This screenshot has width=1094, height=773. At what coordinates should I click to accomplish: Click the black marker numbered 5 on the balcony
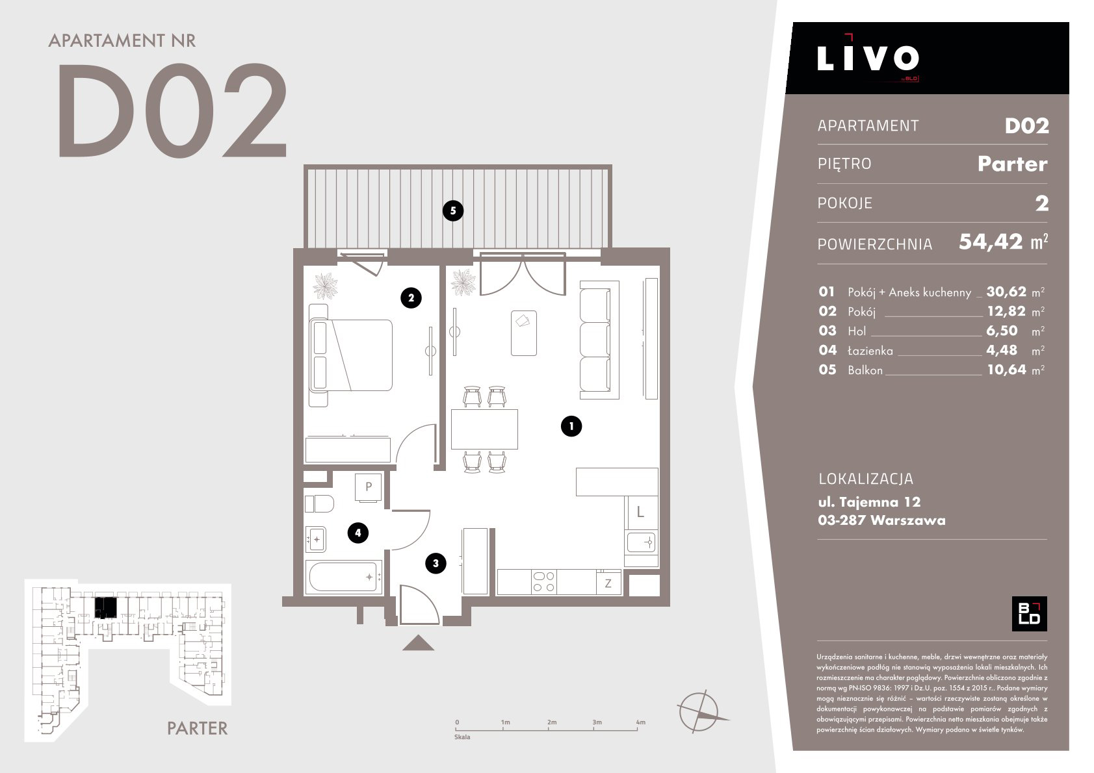(x=452, y=211)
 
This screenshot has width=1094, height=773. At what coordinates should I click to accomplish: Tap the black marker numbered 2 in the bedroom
(x=411, y=298)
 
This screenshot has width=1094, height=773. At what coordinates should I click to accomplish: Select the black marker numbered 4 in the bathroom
(x=358, y=533)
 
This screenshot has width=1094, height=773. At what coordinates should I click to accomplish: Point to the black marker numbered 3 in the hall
(x=436, y=563)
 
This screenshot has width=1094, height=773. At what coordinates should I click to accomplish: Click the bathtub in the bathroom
(x=344, y=577)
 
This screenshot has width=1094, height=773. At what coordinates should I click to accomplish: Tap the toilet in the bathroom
(x=319, y=503)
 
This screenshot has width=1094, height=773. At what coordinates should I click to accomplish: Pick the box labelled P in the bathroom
(x=369, y=487)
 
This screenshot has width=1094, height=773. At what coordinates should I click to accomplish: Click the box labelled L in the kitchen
(x=641, y=513)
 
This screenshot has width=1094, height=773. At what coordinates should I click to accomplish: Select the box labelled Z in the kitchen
(x=608, y=583)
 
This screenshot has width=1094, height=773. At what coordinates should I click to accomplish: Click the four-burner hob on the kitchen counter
(x=543, y=582)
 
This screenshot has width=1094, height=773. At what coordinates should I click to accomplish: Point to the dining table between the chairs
(x=484, y=429)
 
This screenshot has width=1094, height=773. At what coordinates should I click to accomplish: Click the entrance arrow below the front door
(x=418, y=643)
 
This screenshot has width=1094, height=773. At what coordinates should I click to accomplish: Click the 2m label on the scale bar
(x=551, y=722)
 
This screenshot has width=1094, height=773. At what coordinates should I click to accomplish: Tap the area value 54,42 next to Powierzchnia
(x=991, y=242)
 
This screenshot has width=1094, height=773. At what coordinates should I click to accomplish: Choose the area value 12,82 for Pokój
(x=1006, y=311)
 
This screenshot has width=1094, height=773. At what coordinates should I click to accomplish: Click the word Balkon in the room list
(x=865, y=370)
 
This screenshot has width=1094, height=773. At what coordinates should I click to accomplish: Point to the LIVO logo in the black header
(x=868, y=58)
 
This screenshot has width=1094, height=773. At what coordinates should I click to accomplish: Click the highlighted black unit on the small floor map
(x=105, y=607)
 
